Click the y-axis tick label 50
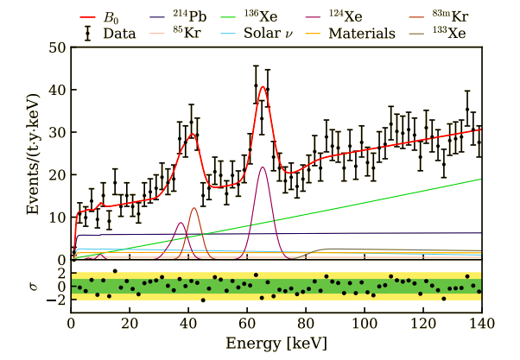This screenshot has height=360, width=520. (56, 48)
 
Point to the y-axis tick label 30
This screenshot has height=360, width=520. (56, 133)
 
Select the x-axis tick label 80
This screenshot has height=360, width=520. (306, 324)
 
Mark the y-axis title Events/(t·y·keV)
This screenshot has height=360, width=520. (23, 154)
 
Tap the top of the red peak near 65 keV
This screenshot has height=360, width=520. (262, 86)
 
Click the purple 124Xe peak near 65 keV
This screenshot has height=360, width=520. (262, 167)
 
